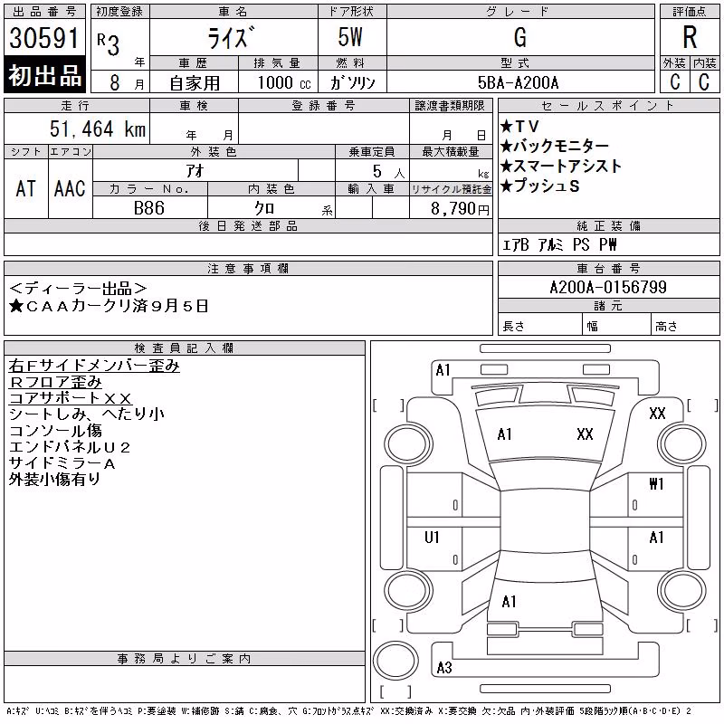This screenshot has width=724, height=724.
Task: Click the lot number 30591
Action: pos(43,38)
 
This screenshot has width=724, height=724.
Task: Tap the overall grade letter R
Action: pos(690,37)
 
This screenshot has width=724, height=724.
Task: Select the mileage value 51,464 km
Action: pos(98,129)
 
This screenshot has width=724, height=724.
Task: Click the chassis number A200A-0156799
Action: pos(608,287)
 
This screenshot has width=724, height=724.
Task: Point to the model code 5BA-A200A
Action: pos(518,82)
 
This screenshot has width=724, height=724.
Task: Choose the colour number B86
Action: pos(149,208)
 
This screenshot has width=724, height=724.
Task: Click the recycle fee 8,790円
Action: pos(460,209)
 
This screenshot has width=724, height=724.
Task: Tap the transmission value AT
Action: pos(25,188)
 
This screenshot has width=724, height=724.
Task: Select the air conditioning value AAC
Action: pos(70,188)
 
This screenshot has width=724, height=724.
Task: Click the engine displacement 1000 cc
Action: pos(284,82)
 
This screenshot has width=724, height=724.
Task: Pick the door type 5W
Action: pos(350,37)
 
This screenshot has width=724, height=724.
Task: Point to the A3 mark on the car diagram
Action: pos(444,667)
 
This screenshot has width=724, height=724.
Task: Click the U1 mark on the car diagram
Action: pos(432,537)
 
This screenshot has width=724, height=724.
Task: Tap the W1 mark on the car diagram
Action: pos(656,483)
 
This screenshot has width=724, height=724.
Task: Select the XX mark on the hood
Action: pos(585,434)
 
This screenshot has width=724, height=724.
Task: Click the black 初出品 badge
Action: pos(44,75)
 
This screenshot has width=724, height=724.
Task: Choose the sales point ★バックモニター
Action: pos(555,146)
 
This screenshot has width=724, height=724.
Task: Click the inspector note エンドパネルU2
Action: pos(70,447)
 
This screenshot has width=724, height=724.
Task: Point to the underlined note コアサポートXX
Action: pos(71,398)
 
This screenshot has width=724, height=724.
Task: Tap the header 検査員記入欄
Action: pos(185,348)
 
